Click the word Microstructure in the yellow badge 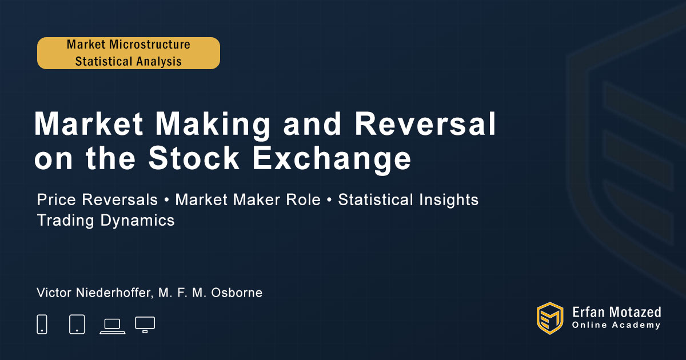point(150,45)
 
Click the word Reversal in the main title point(425,123)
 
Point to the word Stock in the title point(194,158)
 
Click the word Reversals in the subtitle point(119,199)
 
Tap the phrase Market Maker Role point(248,199)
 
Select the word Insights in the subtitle point(448,200)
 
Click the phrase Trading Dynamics point(106,221)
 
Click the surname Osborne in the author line point(237,293)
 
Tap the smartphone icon point(42,324)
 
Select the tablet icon point(77,324)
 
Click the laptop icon point(113,326)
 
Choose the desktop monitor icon point(145,325)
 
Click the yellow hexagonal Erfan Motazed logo point(550,318)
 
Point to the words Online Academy point(616,325)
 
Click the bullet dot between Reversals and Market point(166,200)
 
